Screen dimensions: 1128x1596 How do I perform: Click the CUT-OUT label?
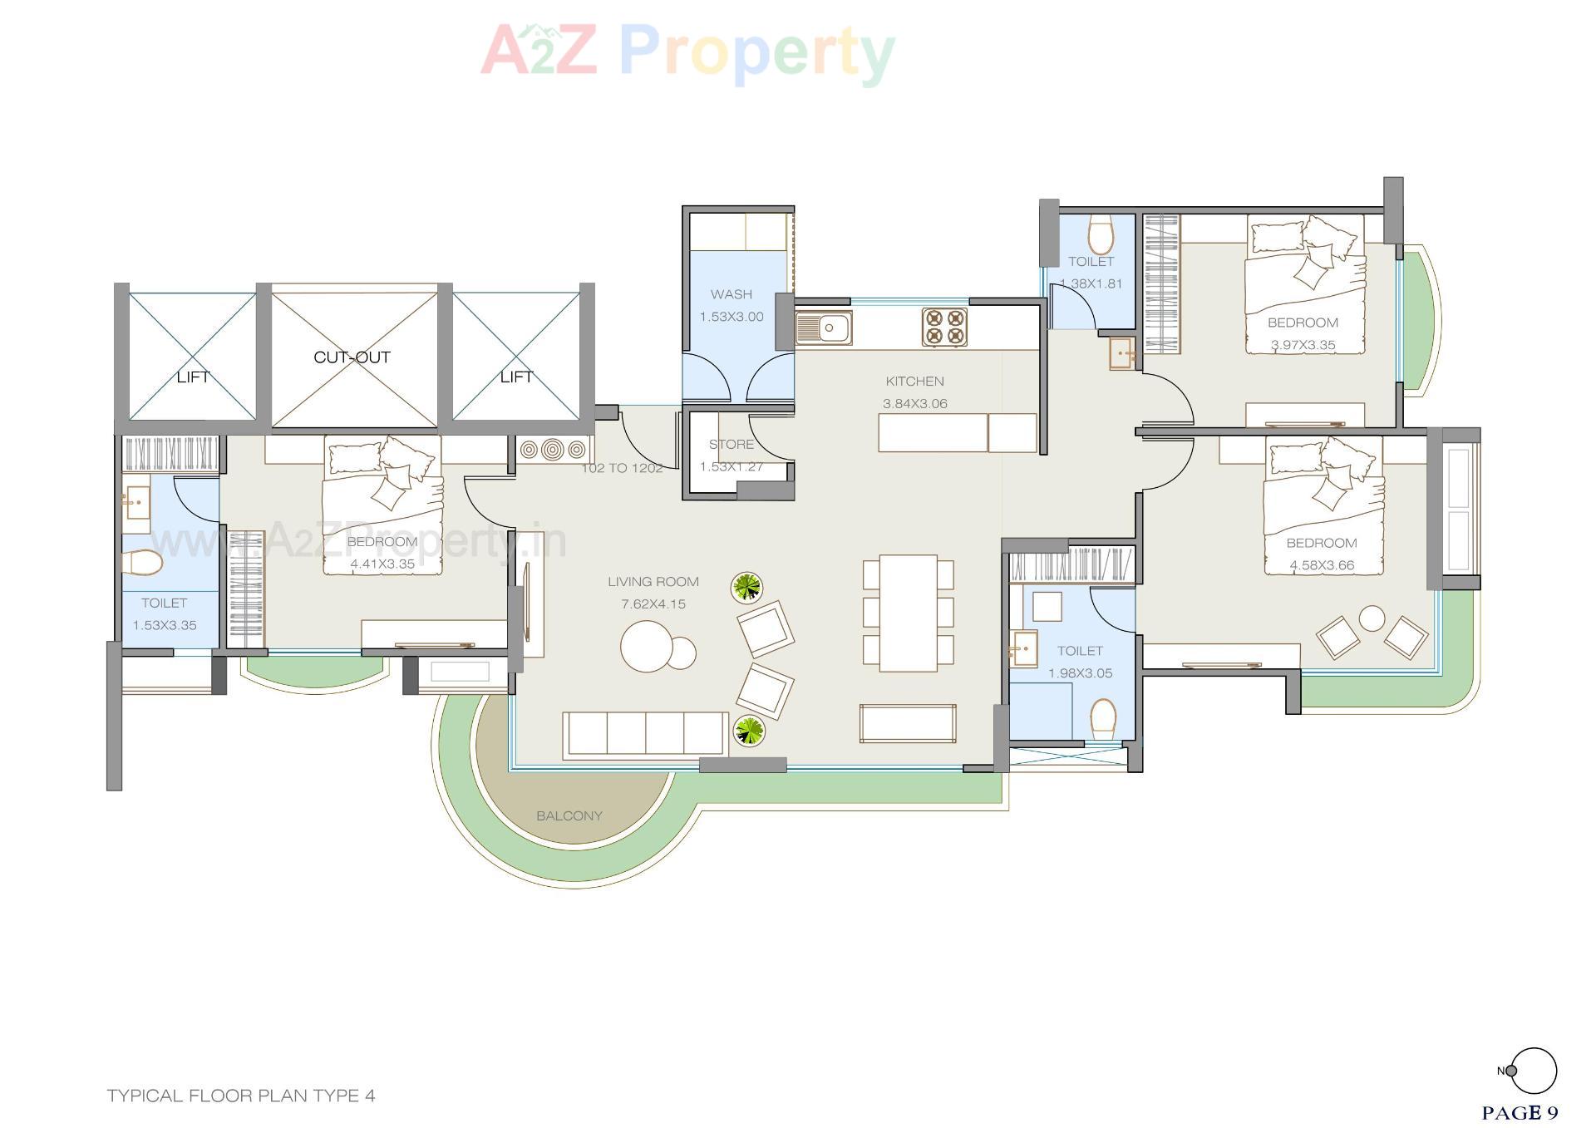click(352, 357)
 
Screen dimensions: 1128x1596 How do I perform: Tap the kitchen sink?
click(823, 328)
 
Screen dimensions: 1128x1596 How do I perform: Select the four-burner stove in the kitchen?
click(944, 327)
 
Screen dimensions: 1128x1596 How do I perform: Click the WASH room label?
click(731, 294)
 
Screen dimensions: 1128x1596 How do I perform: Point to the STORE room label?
click(731, 445)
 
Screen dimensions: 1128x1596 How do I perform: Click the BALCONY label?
click(569, 816)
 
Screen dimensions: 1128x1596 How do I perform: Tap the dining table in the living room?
click(909, 613)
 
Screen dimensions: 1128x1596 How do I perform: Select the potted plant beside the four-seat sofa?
click(748, 731)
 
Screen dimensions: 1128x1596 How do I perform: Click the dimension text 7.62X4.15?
click(653, 604)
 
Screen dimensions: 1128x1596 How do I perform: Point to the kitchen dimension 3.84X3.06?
click(915, 404)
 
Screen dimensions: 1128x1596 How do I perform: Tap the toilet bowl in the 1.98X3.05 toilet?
click(1103, 717)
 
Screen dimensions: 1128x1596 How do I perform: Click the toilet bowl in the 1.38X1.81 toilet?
click(1101, 235)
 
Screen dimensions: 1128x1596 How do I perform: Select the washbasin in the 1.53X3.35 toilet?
click(136, 504)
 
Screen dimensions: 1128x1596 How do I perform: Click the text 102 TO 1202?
click(622, 468)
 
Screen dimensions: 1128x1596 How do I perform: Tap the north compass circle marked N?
click(1534, 1071)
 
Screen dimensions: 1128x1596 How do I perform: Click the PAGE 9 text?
click(1520, 1112)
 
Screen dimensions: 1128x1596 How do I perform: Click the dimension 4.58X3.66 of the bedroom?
click(1322, 565)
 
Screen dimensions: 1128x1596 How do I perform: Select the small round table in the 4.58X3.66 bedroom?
click(1372, 618)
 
